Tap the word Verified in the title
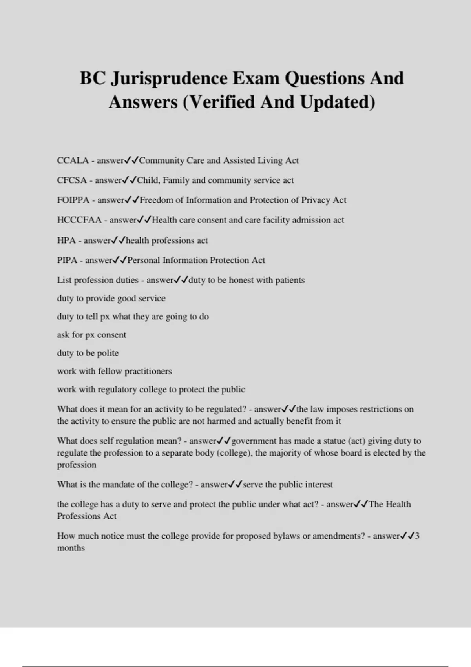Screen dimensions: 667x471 pyautogui.click(x=223, y=102)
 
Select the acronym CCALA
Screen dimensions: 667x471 pyautogui.click(x=73, y=160)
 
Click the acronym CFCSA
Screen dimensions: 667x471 pyautogui.click(x=72, y=180)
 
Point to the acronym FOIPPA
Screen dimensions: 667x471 pyautogui.click(x=73, y=200)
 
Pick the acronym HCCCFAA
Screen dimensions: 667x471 pyautogui.click(x=79, y=220)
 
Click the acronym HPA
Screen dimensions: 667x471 pyautogui.click(x=66, y=241)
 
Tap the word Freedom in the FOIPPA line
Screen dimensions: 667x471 pyautogui.click(x=156, y=200)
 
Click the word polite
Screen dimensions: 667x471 pyautogui.click(x=108, y=353)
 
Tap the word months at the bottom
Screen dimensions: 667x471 pyautogui.click(x=71, y=548)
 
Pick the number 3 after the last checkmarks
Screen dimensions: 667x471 pyautogui.click(x=417, y=536)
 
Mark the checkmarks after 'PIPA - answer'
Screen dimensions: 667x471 pyautogui.click(x=119, y=260)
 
